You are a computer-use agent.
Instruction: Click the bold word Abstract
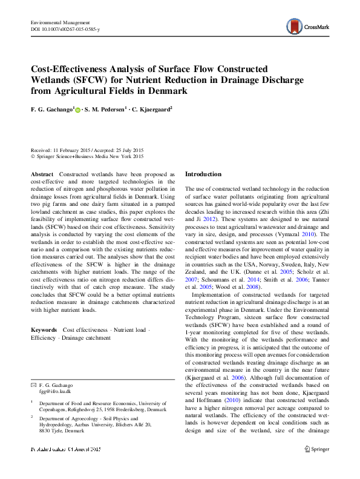pyautogui.click(x=42, y=174)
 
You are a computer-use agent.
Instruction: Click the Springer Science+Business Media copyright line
pyautogui.click(x=87, y=156)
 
